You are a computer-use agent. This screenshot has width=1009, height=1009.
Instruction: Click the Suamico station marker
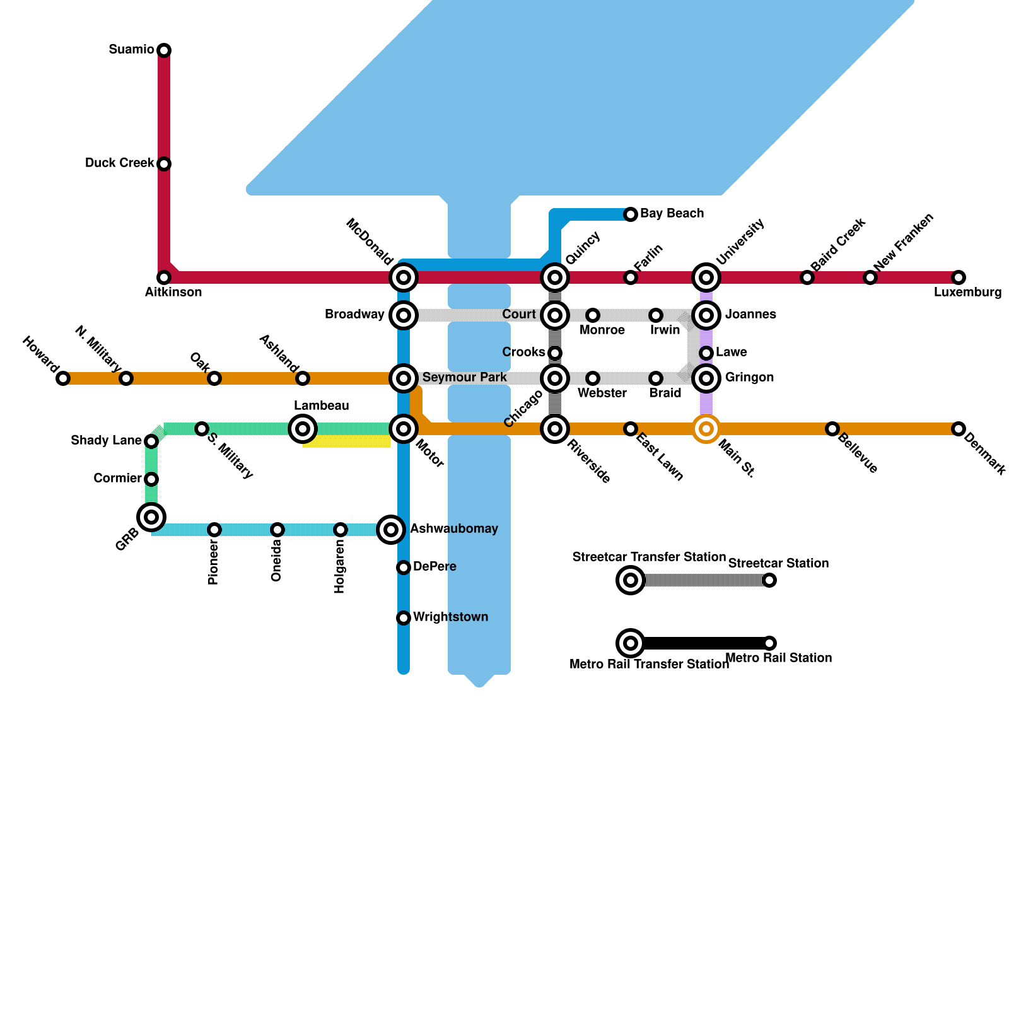tap(164, 50)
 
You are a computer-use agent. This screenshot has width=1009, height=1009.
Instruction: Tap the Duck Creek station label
tap(119, 163)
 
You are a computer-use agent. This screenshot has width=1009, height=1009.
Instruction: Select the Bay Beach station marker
tap(631, 214)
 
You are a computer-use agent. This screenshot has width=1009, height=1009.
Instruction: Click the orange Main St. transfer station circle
tap(706, 429)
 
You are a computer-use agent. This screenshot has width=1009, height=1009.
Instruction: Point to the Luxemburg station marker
tap(959, 277)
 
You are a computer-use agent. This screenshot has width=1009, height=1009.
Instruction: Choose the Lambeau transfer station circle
tap(303, 429)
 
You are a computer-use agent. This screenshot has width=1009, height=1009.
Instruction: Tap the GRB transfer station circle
tap(151, 517)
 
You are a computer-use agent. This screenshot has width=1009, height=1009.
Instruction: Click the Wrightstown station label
tap(450, 617)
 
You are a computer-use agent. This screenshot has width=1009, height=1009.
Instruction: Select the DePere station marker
tap(404, 568)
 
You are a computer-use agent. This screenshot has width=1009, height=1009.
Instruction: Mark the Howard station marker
tap(63, 378)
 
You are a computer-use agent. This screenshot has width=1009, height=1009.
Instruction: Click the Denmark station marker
tap(959, 429)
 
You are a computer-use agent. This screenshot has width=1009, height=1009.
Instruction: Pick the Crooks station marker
tap(555, 353)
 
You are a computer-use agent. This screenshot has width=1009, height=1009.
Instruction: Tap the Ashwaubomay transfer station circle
tap(391, 529)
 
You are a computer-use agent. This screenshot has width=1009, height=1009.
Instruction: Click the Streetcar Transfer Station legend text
tap(649, 557)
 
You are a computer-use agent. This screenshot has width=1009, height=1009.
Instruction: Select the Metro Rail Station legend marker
tap(769, 643)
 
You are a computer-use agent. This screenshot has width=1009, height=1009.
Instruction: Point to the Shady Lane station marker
tap(151, 441)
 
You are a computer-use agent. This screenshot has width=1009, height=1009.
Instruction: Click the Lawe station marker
tap(706, 353)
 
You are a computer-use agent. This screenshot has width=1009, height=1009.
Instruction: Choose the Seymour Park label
tap(464, 377)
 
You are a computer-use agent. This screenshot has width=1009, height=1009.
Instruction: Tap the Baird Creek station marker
tap(807, 277)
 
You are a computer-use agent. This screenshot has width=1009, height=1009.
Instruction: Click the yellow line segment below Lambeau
tap(347, 441)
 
